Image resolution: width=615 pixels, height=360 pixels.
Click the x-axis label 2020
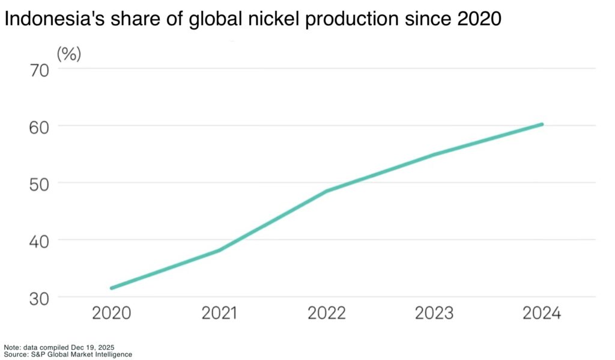coord(111,314)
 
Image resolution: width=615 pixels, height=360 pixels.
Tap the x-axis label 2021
coord(219,314)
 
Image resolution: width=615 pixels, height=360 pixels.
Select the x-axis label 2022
coord(327,314)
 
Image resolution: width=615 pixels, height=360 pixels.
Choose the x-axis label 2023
coord(434,314)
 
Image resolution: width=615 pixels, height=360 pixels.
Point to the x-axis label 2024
coord(541,314)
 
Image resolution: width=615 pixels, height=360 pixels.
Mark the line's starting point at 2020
coord(112,288)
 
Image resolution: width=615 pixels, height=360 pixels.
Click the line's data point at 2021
coord(219,250)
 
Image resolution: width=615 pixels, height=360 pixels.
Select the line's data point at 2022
coord(327,191)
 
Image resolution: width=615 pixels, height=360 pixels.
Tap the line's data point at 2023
coord(434,154)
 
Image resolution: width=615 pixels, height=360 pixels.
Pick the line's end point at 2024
coord(541,124)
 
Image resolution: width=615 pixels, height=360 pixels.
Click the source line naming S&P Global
coord(67,355)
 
